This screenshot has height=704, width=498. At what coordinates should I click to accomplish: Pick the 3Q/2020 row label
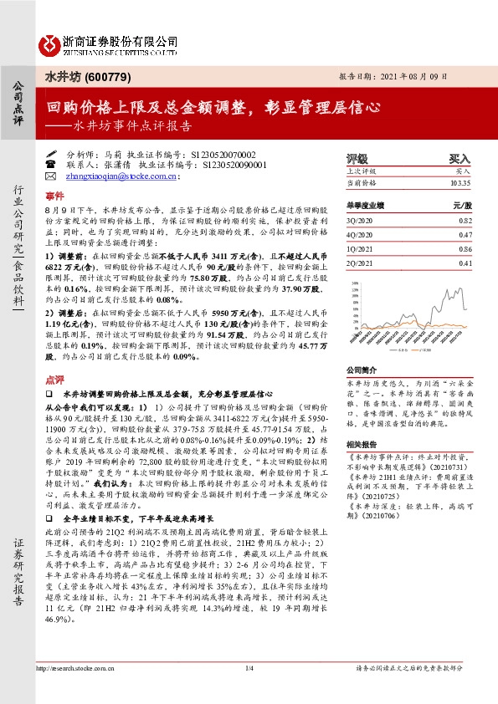tap(360, 219)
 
